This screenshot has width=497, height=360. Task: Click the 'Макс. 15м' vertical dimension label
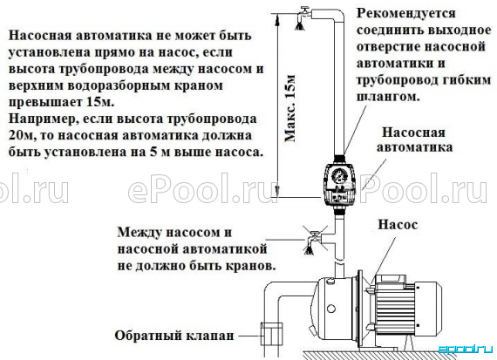[290, 109]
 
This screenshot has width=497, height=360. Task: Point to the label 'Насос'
[398, 225]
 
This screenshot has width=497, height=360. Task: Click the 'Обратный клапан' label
[174, 336]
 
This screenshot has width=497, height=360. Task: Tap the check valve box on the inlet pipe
[271, 334]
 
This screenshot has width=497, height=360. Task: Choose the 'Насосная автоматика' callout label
[414, 139]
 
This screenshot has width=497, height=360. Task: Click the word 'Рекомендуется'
[406, 14]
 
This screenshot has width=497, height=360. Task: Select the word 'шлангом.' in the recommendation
[388, 97]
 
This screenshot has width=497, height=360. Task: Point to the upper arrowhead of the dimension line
[276, 20]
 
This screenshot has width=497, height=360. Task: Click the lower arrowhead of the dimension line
[276, 191]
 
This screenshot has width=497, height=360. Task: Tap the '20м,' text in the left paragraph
[21, 136]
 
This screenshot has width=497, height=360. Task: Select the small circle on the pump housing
[331, 308]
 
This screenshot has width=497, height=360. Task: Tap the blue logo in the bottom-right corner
[466, 350]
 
